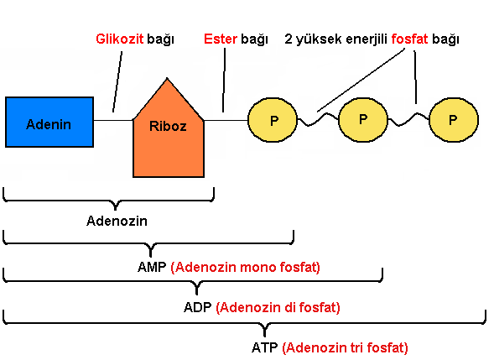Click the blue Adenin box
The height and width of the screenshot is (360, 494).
click(x=49, y=122)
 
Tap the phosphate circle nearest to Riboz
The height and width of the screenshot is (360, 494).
click(x=273, y=120)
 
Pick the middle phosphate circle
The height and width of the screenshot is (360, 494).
click(x=363, y=120)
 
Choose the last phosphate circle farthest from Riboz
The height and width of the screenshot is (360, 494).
click(x=454, y=120)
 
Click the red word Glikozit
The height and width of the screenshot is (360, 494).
click(x=120, y=39)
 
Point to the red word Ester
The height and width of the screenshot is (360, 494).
click(x=221, y=39)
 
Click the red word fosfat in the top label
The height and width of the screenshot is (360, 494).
click(x=409, y=39)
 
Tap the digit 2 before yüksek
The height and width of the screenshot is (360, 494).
click(x=289, y=39)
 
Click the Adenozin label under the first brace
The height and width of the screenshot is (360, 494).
click(x=117, y=221)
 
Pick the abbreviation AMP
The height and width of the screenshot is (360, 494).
click(x=152, y=267)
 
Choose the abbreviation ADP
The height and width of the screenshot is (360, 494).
click(x=198, y=307)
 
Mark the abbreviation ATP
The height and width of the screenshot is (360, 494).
click(x=265, y=347)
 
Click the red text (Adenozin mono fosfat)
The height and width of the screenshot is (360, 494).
click(x=245, y=268)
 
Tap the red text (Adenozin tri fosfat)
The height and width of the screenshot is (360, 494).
click(x=345, y=348)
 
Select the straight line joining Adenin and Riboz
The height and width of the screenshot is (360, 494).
click(x=113, y=120)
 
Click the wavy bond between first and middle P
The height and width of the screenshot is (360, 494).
click(x=318, y=119)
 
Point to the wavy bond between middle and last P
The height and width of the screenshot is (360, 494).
click(x=408, y=119)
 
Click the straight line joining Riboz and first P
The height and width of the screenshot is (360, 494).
click(x=226, y=120)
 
